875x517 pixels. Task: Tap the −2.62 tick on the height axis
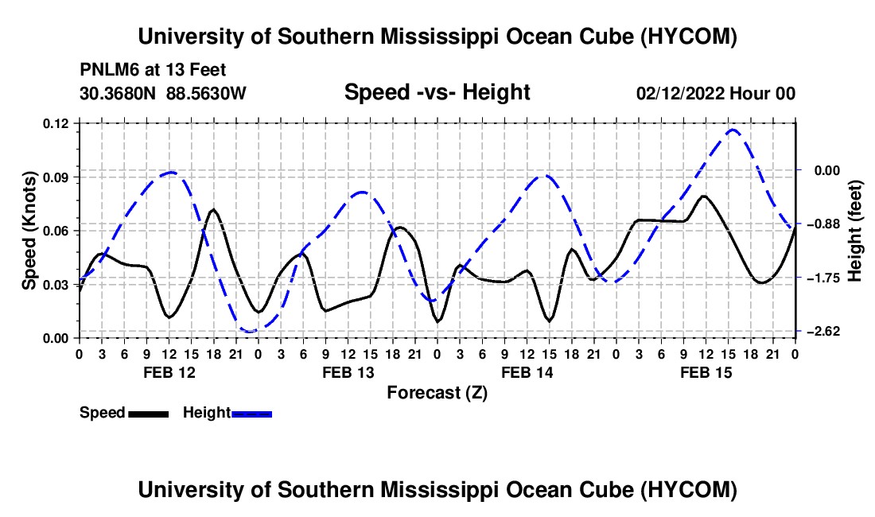click(823, 332)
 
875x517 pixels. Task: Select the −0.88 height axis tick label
click(823, 224)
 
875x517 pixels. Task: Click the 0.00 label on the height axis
click(826, 171)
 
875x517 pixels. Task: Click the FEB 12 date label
click(169, 372)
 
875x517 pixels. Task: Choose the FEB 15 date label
click(706, 372)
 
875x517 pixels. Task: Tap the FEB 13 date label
click(348, 372)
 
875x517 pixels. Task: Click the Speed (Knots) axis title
click(29, 231)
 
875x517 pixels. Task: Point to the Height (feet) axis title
click(855, 231)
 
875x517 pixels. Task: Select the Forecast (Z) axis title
click(437, 393)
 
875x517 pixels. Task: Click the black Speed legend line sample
click(149, 414)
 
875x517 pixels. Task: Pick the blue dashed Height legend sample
click(251, 414)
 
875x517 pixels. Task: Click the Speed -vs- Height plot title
click(437, 92)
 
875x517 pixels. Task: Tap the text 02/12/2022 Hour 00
click(715, 93)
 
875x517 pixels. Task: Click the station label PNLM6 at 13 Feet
click(153, 70)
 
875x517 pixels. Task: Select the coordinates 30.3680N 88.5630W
click(163, 93)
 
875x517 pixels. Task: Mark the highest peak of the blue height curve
click(732, 130)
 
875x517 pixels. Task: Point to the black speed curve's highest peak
click(705, 196)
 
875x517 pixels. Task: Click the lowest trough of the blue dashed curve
click(250, 332)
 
